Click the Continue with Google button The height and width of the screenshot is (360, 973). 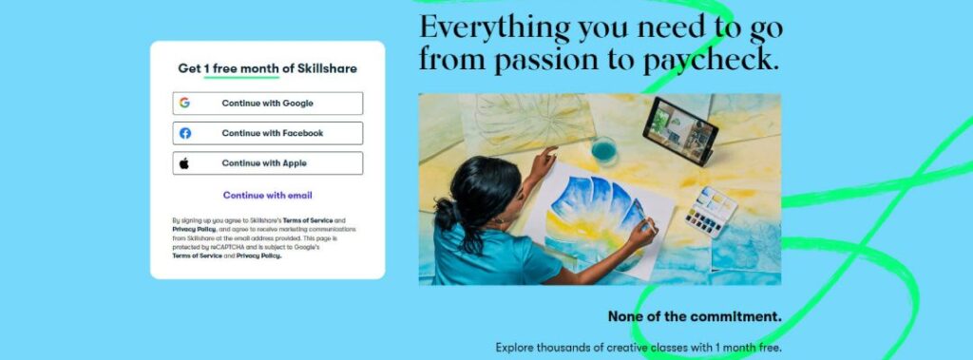click(267, 103)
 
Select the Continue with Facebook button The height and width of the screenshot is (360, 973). click(267, 133)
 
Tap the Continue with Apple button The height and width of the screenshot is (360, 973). click(267, 163)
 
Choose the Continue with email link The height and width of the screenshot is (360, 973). click(267, 195)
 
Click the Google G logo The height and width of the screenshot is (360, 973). click(184, 103)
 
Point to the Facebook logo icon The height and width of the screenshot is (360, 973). click(185, 133)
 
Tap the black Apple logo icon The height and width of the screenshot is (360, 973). click(183, 163)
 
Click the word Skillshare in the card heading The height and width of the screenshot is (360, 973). click(327, 68)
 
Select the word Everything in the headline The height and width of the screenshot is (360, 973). click(494, 28)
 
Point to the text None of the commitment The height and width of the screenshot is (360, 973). click(695, 316)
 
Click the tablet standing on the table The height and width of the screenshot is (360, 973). click(680, 131)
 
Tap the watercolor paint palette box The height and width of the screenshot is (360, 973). click(711, 212)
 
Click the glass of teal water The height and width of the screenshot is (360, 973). click(603, 151)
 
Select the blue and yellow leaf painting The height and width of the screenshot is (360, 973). click(596, 218)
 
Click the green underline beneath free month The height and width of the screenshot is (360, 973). click(241, 77)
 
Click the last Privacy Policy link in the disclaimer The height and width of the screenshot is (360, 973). click(258, 256)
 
